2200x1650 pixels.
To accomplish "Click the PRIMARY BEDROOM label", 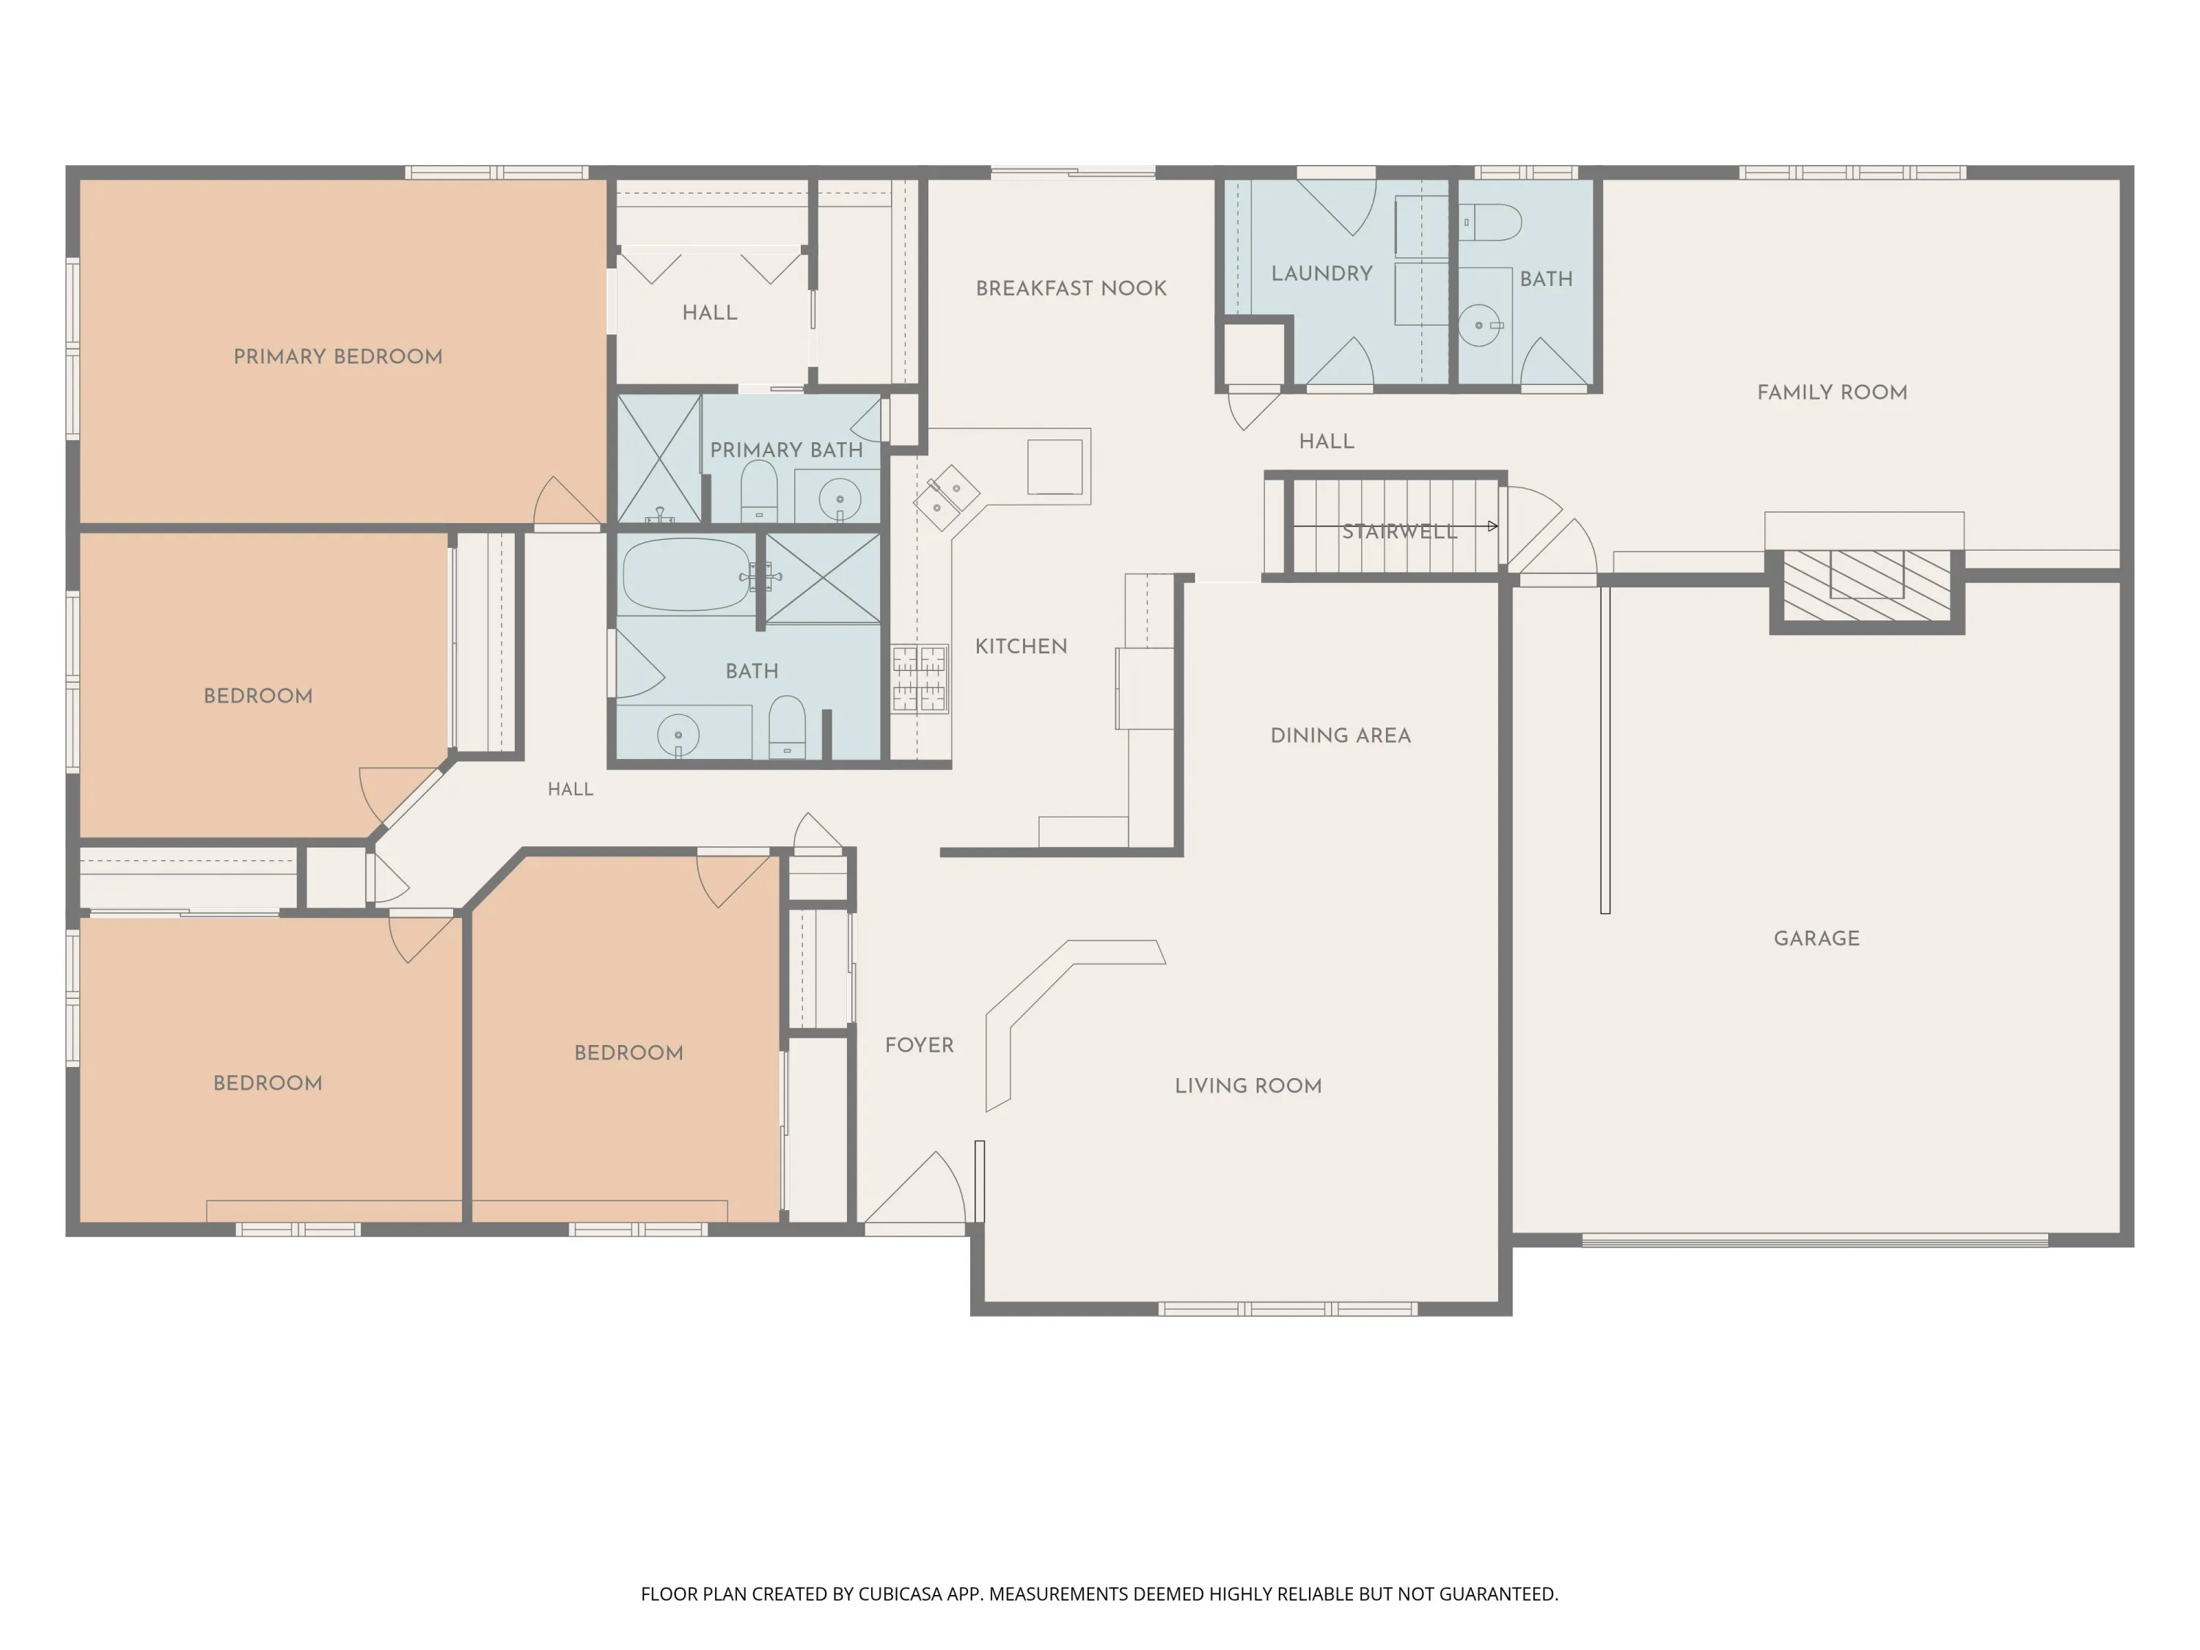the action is click(338, 356).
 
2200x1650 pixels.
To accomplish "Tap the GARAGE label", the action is click(1816, 938).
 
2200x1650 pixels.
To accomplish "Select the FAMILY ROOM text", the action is click(1832, 392).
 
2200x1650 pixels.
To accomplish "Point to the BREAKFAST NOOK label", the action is click(1071, 288).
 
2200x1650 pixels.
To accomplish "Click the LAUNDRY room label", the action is click(1321, 274).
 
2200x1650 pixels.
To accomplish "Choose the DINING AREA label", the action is click(1341, 735).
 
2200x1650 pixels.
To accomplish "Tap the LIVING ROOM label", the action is click(1248, 1085).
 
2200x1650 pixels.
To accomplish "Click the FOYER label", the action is click(919, 1044).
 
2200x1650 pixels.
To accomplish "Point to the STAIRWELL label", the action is click(1399, 531).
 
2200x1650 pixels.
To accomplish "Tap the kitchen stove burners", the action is click(919, 679).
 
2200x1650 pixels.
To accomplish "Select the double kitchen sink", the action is click(947, 498).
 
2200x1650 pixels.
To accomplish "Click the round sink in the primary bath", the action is click(840, 499).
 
